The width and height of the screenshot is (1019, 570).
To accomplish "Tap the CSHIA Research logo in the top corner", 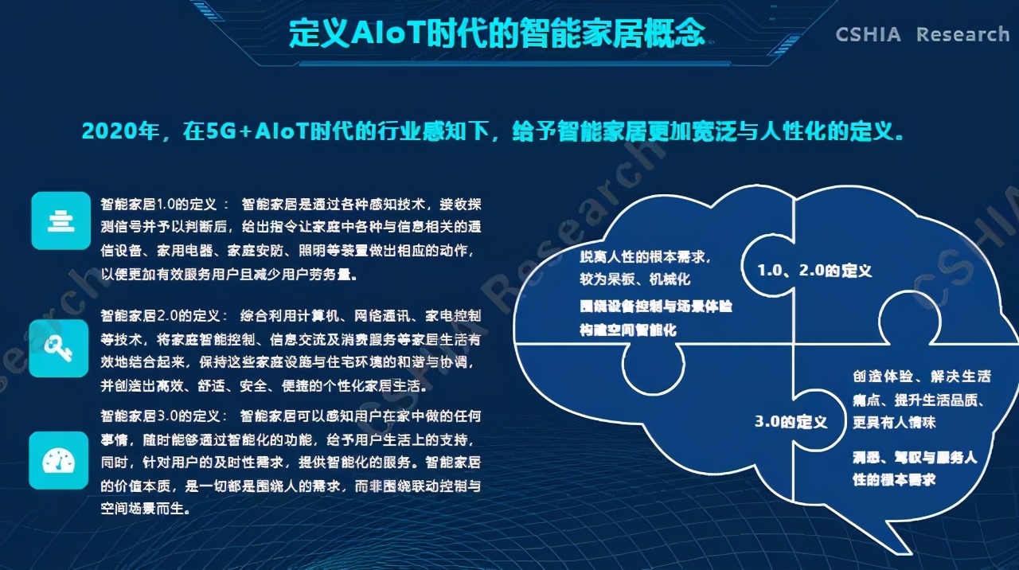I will [x=922, y=34].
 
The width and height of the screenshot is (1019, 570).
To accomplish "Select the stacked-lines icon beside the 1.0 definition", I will [x=60, y=220].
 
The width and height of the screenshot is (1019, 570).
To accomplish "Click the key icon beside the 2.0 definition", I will [x=58, y=348].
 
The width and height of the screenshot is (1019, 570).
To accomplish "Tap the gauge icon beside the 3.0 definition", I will [x=58, y=459].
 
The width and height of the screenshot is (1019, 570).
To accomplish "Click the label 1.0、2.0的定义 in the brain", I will [x=814, y=271].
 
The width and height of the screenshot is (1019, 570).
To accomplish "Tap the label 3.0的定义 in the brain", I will [x=791, y=421].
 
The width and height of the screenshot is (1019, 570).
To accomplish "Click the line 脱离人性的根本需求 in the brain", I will [x=644, y=258].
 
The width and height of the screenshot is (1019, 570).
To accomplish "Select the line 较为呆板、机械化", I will [x=634, y=279].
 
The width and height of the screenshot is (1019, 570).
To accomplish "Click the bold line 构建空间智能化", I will [x=628, y=329].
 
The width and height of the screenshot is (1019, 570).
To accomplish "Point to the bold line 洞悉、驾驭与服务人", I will [x=913, y=458].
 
